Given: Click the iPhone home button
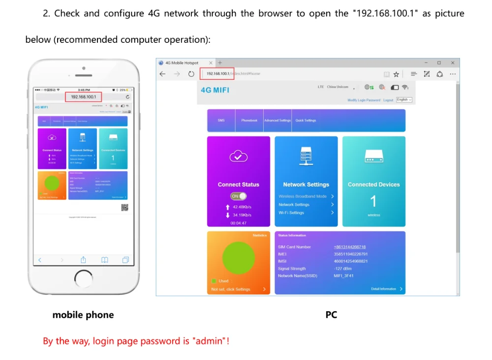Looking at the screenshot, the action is pos(84,279).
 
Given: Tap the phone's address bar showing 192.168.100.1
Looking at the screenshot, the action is pos(84,97).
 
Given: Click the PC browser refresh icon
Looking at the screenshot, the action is pos(191,74).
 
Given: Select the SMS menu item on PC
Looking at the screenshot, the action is pos(221,121).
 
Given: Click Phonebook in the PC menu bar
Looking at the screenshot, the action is pos(249,121).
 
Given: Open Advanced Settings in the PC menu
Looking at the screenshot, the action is pos(277,121).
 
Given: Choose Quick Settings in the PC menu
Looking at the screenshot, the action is pos(306,121).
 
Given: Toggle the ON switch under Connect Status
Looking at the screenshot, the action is pos(239,196).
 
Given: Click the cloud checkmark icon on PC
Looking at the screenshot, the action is pos(239,157).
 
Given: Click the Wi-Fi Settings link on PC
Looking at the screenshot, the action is pos(291,213).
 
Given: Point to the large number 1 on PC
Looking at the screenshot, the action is pos(373,201).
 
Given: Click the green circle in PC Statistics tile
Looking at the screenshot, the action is pos(239,258).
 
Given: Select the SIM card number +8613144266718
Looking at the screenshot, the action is pos(349,247).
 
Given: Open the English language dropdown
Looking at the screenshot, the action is pos(404,100).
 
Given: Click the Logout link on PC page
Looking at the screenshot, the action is pos(388,100).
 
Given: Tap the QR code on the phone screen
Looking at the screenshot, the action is pos(124,207).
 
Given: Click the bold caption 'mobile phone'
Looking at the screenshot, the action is pos(83,315).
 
